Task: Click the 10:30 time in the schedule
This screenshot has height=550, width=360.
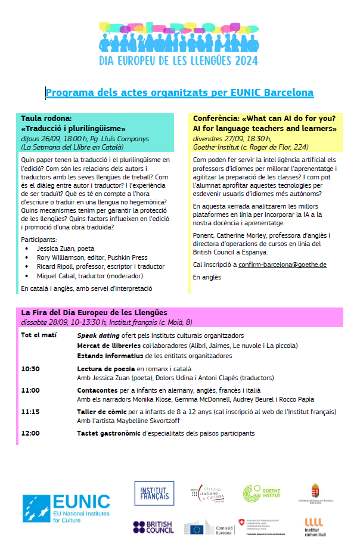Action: click(30, 369)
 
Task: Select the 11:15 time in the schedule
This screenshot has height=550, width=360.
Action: click(30, 412)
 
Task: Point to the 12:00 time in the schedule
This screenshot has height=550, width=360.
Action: click(30, 433)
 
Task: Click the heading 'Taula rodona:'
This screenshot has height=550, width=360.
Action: click(46, 119)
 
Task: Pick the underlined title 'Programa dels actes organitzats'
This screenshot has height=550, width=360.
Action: click(179, 93)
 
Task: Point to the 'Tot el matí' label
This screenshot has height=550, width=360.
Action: click(39, 335)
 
